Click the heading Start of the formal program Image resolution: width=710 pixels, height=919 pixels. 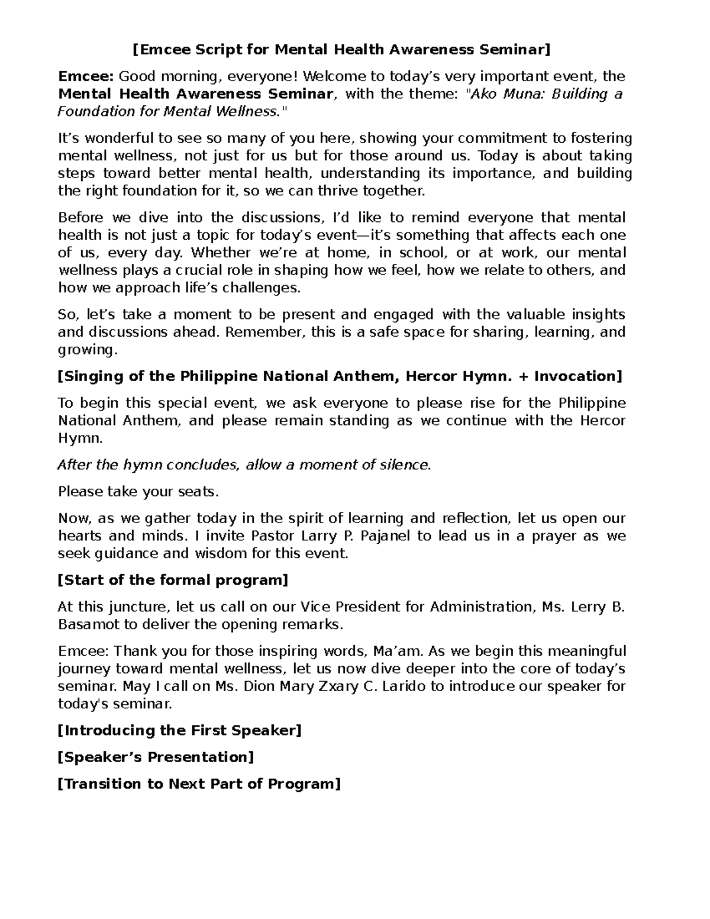point(173,581)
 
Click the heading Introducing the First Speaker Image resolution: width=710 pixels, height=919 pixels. point(179,731)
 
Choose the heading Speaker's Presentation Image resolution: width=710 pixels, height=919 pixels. point(156,757)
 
